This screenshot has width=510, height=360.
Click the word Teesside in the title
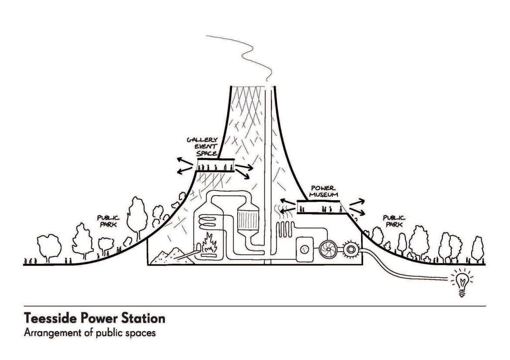pyautogui.click(x=48, y=318)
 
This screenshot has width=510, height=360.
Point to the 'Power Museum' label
pyautogui.click(x=319, y=192)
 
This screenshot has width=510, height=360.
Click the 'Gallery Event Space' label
pyautogui.click(x=202, y=147)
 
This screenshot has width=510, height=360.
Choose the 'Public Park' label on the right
pyautogui.click(x=394, y=221)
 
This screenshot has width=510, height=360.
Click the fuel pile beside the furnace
pyautogui.click(x=168, y=255)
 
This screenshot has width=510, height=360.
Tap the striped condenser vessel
pyautogui.click(x=248, y=217)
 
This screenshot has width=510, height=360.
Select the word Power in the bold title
pyautogui.click(x=93, y=318)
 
